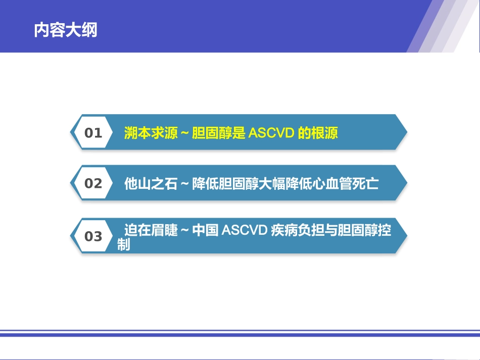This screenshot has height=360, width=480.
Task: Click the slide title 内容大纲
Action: [66, 30]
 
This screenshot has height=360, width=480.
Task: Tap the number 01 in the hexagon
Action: [93, 133]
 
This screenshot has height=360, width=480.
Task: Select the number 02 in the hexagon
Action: [93, 183]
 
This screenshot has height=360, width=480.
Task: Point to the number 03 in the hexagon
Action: [93, 236]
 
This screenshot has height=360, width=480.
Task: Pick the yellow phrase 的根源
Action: [318, 133]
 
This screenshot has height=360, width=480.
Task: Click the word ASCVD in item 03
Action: [244, 231]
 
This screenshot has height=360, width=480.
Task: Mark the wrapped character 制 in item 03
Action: [124, 245]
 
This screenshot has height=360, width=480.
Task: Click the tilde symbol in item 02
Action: [184, 184]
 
